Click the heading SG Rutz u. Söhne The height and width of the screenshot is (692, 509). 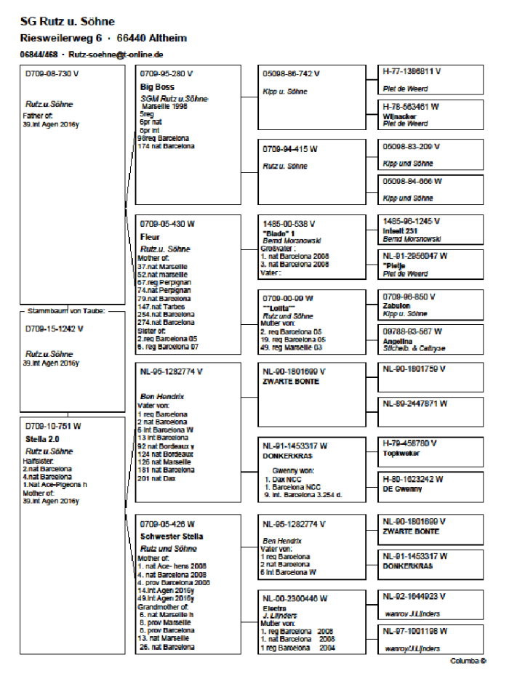tap(68, 22)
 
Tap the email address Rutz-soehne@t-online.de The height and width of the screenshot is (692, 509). tap(116, 55)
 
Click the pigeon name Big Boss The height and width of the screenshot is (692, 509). tap(156, 86)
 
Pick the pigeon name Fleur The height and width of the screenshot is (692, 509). tap(149, 236)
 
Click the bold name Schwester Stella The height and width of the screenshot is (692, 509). tap(172, 536)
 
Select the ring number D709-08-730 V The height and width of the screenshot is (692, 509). tap(53, 73)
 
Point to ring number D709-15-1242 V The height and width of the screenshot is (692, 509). tap(55, 328)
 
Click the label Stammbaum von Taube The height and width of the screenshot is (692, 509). tap(67, 311)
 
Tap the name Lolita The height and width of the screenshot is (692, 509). tap(284, 307)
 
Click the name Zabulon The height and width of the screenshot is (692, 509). tap(398, 307)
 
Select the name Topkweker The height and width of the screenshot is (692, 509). tap(401, 452)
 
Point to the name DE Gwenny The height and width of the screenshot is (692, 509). tap(403, 490)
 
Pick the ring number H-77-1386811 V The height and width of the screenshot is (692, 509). tap(412, 73)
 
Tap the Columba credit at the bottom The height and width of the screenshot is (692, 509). tap(468, 661)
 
